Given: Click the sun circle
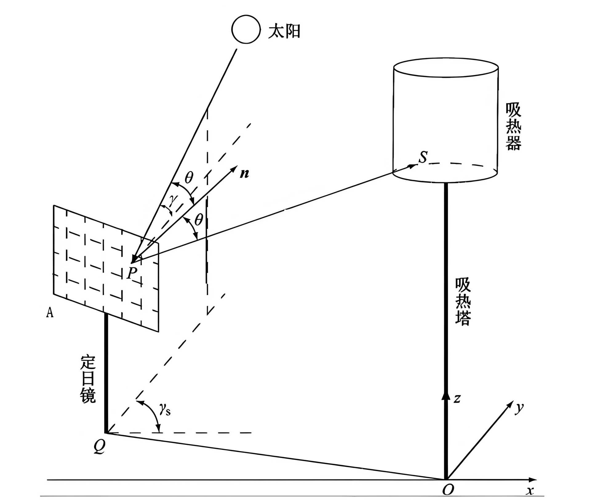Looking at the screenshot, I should (246, 29).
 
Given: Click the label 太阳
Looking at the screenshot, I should (284, 31).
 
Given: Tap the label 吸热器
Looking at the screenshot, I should (513, 126).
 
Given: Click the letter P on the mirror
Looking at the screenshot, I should (132, 273).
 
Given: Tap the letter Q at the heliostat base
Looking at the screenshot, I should (99, 446).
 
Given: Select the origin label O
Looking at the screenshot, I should (448, 490).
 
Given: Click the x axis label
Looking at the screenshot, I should (530, 490).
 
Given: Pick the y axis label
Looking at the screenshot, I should (519, 408).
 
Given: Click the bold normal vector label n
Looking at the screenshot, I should (245, 174).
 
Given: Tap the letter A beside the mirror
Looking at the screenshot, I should (50, 313).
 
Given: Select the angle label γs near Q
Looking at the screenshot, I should (165, 409).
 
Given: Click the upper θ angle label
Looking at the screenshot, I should (189, 178).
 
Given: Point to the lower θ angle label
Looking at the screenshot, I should (199, 220).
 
